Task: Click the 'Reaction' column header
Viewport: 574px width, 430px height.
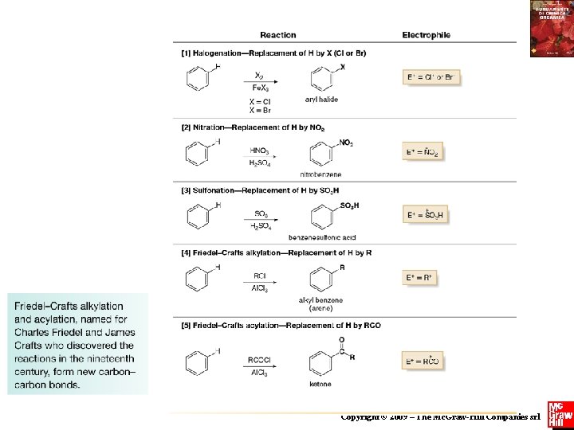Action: tap(277, 35)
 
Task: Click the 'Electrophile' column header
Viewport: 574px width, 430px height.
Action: tap(426, 35)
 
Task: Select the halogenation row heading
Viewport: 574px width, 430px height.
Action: tap(274, 53)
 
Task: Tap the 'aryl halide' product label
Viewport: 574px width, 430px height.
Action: tap(321, 100)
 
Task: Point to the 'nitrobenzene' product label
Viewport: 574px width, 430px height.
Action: tap(321, 174)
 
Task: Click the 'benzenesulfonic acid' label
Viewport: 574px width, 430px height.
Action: tap(322, 237)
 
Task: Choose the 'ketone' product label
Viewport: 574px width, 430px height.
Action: tap(320, 385)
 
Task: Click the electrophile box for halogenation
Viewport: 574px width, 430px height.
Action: tap(431, 77)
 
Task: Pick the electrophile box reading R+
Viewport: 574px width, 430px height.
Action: tap(421, 278)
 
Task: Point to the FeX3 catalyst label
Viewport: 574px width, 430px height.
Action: tap(260, 88)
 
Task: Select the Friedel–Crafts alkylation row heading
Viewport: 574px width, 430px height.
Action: tap(277, 252)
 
